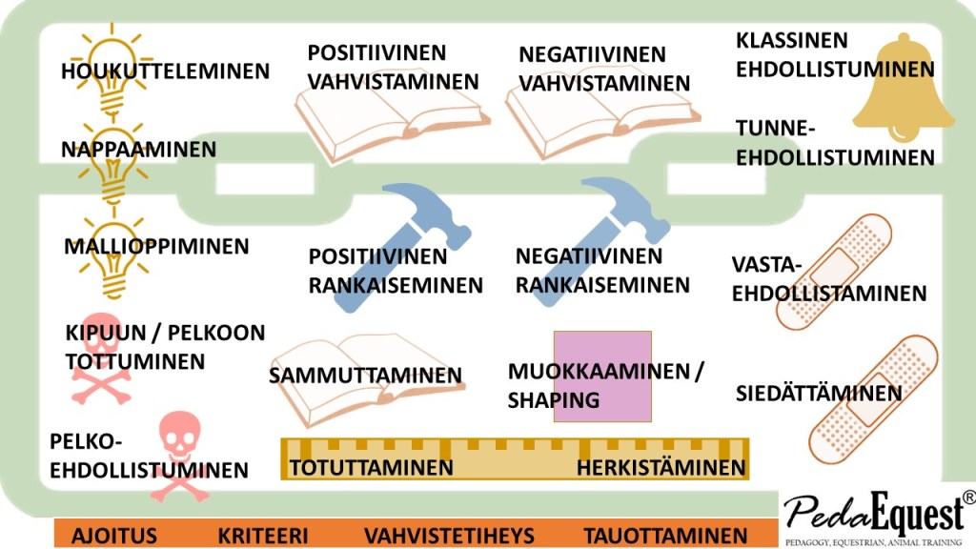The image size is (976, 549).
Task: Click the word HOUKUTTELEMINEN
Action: [165, 71]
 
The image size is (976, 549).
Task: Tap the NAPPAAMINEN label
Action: [138, 150]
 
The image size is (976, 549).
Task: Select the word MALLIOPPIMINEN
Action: [156, 247]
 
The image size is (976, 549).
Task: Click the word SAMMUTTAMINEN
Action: [365, 376]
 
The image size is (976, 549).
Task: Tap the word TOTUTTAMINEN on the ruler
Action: [371, 468]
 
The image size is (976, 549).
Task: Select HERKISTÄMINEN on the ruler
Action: [661, 468]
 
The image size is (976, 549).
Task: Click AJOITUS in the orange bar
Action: [114, 535]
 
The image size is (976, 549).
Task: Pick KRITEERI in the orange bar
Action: [262, 535]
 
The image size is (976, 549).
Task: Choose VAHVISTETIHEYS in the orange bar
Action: [449, 535]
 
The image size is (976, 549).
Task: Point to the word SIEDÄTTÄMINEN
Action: [819, 394]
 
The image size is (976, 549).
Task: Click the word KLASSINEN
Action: [792, 41]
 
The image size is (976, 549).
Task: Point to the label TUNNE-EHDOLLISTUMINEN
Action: [835, 143]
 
